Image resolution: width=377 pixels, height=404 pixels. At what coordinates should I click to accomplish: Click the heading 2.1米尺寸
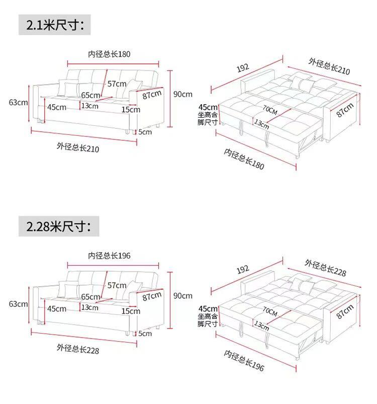pyautogui.click(x=55, y=25)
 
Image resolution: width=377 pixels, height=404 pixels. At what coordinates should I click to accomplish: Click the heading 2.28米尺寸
pyautogui.click(x=58, y=226)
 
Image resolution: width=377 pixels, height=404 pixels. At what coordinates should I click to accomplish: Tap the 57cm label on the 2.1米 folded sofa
pyautogui.click(x=117, y=84)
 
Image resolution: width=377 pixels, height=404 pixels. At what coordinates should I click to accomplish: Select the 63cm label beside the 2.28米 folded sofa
pyautogui.click(x=18, y=304)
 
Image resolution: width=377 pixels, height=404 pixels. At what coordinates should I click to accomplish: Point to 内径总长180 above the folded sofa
pyautogui.click(x=109, y=54)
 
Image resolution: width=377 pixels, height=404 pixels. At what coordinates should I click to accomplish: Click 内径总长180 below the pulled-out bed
pyautogui.click(x=244, y=159)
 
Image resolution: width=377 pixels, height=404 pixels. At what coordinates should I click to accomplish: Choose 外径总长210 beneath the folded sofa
pyautogui.click(x=78, y=147)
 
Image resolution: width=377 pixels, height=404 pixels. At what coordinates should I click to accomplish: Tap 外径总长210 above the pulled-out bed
pyautogui.click(x=329, y=66)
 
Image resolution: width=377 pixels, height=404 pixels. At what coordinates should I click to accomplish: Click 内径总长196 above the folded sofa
pyautogui.click(x=109, y=256)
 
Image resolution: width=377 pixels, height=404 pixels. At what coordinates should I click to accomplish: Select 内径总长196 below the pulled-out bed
pyautogui.click(x=244, y=361)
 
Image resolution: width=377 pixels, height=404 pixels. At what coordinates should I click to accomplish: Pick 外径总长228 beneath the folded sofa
pyautogui.click(x=78, y=349)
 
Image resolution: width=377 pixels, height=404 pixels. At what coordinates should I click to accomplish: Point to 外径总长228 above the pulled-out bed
pyautogui.click(x=326, y=268)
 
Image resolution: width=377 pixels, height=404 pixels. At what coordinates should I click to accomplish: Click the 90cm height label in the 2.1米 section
pyautogui.click(x=182, y=94)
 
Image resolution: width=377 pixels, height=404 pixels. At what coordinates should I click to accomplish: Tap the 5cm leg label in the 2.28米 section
pyautogui.click(x=145, y=334)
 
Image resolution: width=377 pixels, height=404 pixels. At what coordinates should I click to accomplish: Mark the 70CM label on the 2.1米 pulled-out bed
pyautogui.click(x=270, y=110)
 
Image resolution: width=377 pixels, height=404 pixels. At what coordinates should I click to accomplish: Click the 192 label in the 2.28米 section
pyautogui.click(x=243, y=270)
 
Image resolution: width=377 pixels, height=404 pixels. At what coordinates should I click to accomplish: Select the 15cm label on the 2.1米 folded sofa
pyautogui.click(x=131, y=110)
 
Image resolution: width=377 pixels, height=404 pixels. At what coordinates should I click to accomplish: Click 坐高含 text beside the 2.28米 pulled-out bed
pyautogui.click(x=208, y=316)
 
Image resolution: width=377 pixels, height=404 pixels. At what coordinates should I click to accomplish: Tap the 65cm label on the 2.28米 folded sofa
pyautogui.click(x=90, y=297)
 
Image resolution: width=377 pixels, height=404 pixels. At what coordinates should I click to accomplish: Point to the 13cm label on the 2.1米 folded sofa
pyautogui.click(x=90, y=106)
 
